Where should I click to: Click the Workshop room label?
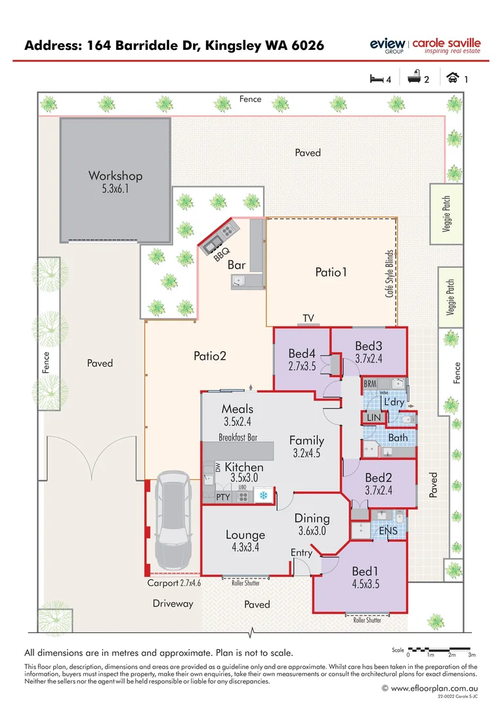point(115,176)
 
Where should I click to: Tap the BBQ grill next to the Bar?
point(220,236)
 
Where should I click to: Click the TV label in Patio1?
point(308,318)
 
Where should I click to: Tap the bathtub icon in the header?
point(413,79)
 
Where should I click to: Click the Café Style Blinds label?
point(389,273)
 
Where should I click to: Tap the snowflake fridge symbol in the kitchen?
point(264,496)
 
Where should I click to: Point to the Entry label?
point(301,553)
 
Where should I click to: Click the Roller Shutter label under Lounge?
point(245,582)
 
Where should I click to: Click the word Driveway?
point(173,603)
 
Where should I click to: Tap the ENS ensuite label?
point(389,530)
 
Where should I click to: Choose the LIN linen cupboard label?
point(374,418)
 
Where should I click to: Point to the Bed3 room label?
point(369,346)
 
